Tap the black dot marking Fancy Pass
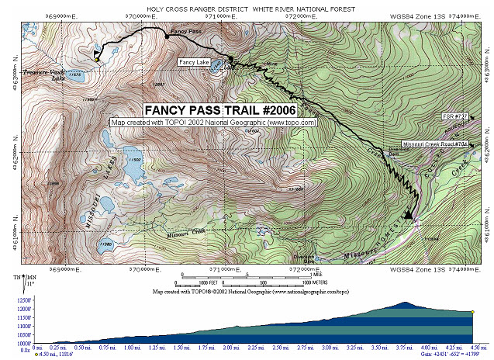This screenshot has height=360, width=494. (x=166, y=36)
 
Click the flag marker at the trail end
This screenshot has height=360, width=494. (x=96, y=55)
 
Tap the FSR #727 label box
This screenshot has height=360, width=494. (x=455, y=116)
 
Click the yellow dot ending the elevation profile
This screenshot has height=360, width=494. (x=472, y=312)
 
